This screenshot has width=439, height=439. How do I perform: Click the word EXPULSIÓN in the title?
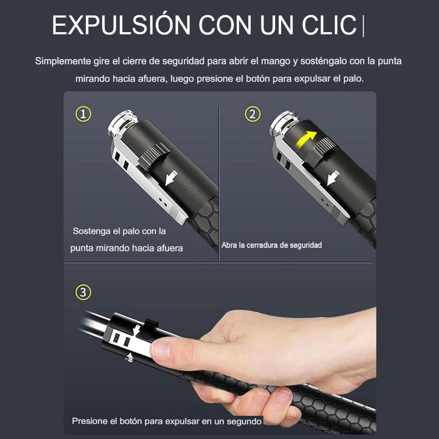pos(121,25)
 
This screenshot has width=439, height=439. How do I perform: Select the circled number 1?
pos(83,114)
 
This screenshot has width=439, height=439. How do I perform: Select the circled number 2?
pos(253,114)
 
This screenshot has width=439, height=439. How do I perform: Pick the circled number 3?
pos(83,293)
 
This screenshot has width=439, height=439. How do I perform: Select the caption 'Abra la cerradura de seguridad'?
pos(271,245)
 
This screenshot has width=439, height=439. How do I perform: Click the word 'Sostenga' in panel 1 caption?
pos(90,231)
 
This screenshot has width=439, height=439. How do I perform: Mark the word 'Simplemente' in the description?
pos(60,61)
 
